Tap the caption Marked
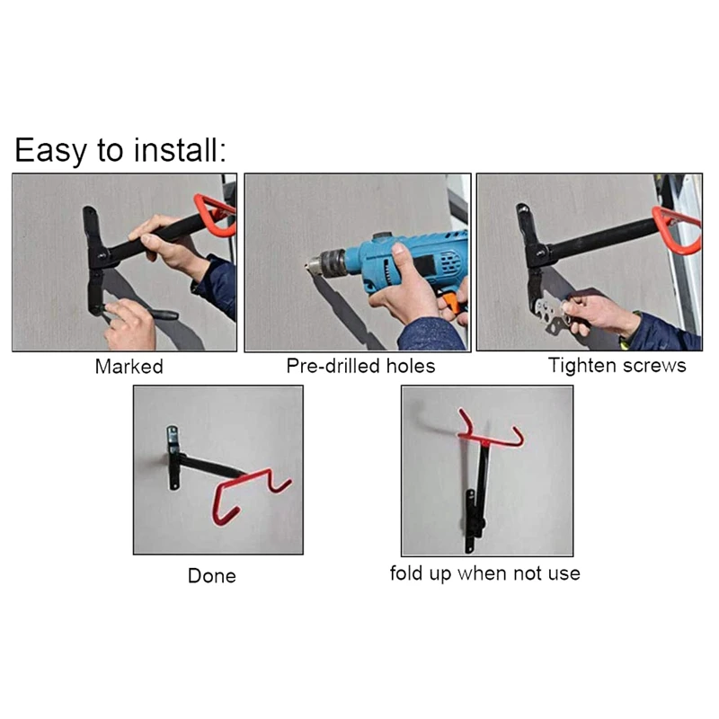pyautogui.click(x=129, y=367)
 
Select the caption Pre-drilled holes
pyautogui.click(x=359, y=367)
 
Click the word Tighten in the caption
pyautogui.click(x=581, y=366)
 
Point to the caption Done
pyautogui.click(x=212, y=576)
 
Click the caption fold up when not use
pyautogui.click(x=484, y=573)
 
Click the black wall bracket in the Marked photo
pyautogui.click(x=93, y=261)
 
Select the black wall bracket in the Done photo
pyautogui.click(x=173, y=457)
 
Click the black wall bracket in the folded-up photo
pyautogui.click(x=470, y=521)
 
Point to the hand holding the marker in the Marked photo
pyautogui.click(x=129, y=324)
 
